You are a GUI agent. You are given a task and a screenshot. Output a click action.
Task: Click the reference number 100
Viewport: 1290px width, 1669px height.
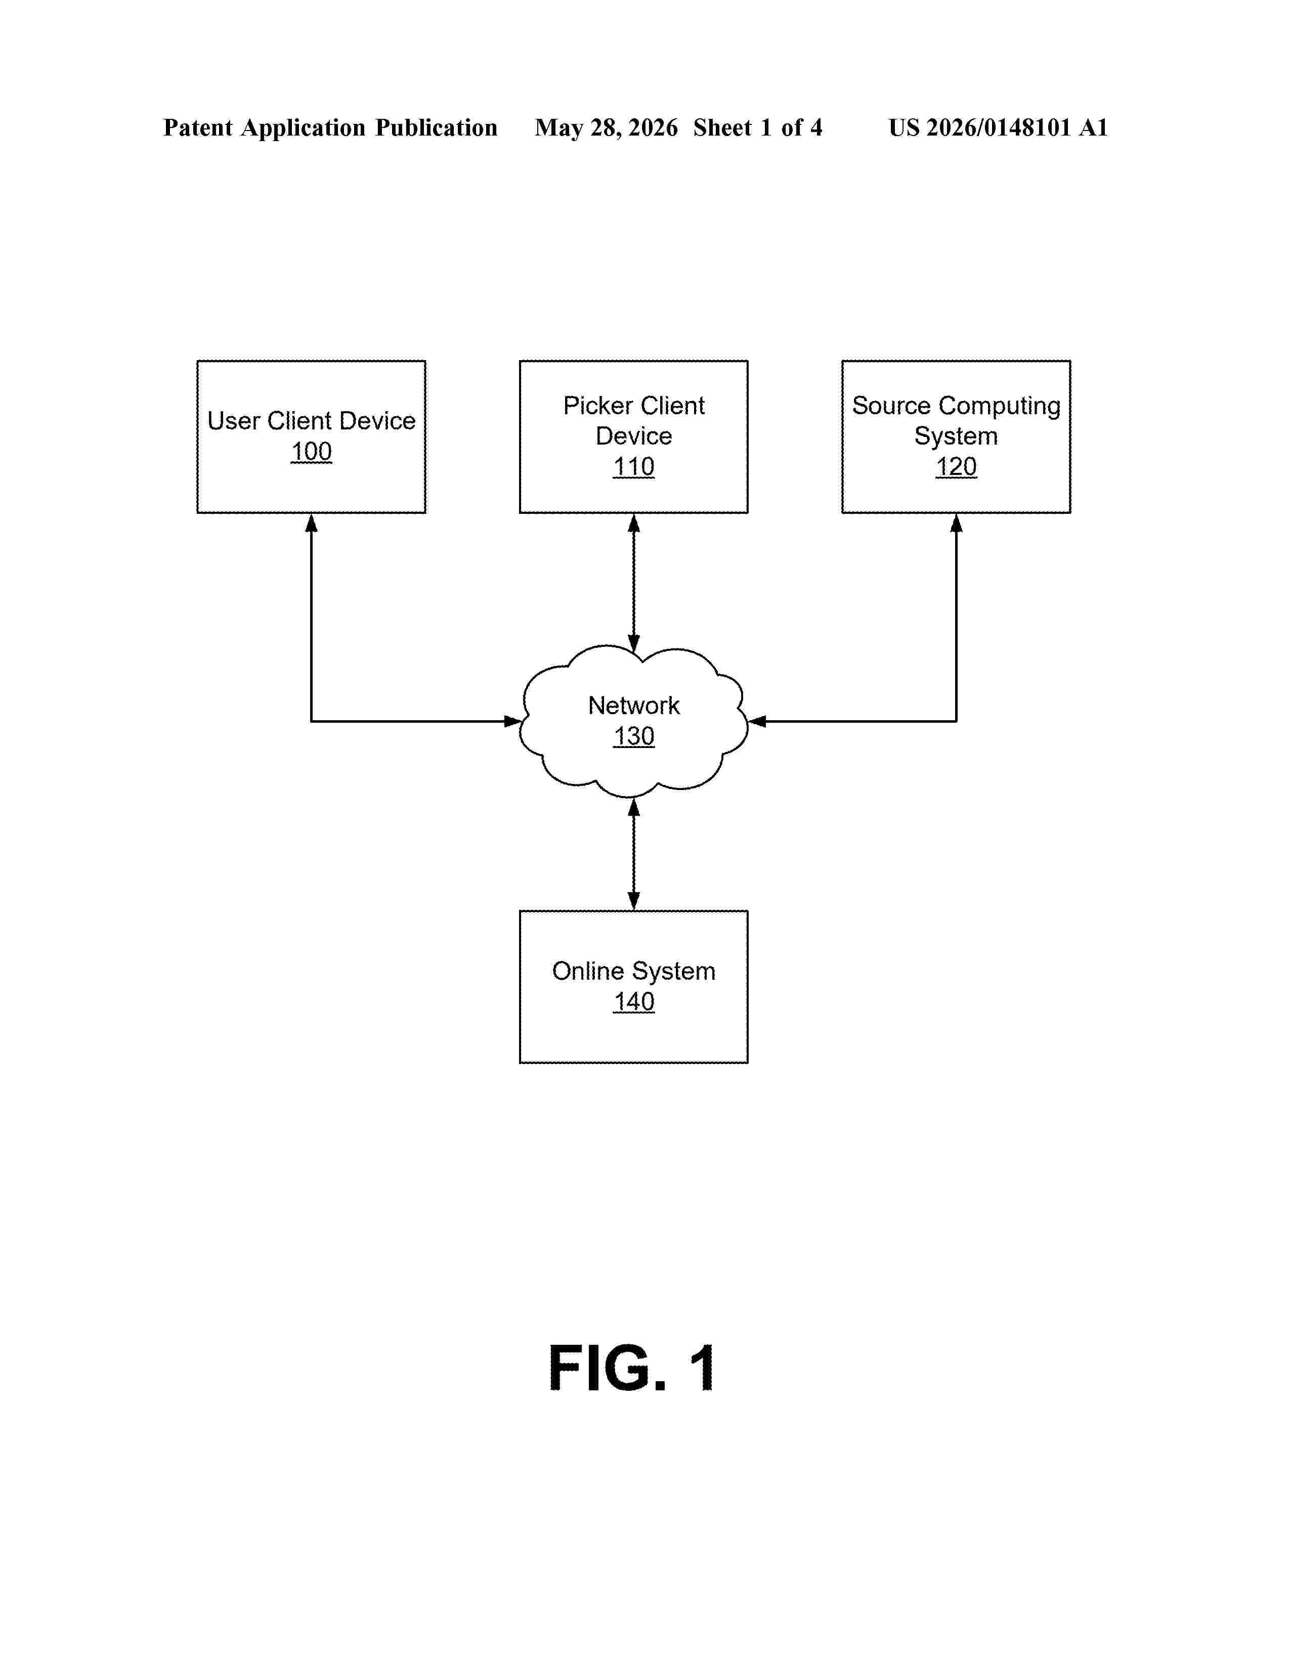[311, 452]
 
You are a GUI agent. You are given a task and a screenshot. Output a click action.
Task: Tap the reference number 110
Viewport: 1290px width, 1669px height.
[633, 467]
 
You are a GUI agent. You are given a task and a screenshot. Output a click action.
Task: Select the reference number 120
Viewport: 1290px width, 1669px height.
[956, 467]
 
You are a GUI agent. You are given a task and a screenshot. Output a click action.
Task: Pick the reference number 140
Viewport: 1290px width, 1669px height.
[633, 1002]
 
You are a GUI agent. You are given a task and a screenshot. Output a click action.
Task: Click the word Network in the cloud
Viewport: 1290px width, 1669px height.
[633, 706]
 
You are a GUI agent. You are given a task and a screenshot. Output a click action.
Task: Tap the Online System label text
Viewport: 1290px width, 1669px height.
[633, 971]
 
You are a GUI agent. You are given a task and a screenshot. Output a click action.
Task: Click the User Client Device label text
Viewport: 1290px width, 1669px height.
[311, 421]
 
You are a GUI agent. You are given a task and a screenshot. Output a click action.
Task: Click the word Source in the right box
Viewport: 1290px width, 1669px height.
[891, 406]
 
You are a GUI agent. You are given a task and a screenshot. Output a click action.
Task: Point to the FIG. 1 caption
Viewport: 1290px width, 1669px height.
[632, 1369]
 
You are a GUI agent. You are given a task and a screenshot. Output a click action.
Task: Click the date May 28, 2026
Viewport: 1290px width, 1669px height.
[606, 127]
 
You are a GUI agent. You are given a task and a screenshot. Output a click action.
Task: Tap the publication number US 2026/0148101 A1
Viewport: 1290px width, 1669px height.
[998, 127]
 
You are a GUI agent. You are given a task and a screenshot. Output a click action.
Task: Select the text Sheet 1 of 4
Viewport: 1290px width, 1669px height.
[757, 127]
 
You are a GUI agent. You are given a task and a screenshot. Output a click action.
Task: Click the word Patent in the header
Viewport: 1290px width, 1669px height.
[198, 127]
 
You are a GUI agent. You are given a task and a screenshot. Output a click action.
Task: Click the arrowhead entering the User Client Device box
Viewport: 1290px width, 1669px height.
[311, 523]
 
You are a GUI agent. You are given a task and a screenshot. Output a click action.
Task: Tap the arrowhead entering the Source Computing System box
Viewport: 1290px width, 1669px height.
[956, 523]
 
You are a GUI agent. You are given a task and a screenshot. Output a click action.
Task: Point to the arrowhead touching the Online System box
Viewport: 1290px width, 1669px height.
[633, 901]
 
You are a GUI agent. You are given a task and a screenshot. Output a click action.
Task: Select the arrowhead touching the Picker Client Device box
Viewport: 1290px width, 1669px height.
[633, 523]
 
